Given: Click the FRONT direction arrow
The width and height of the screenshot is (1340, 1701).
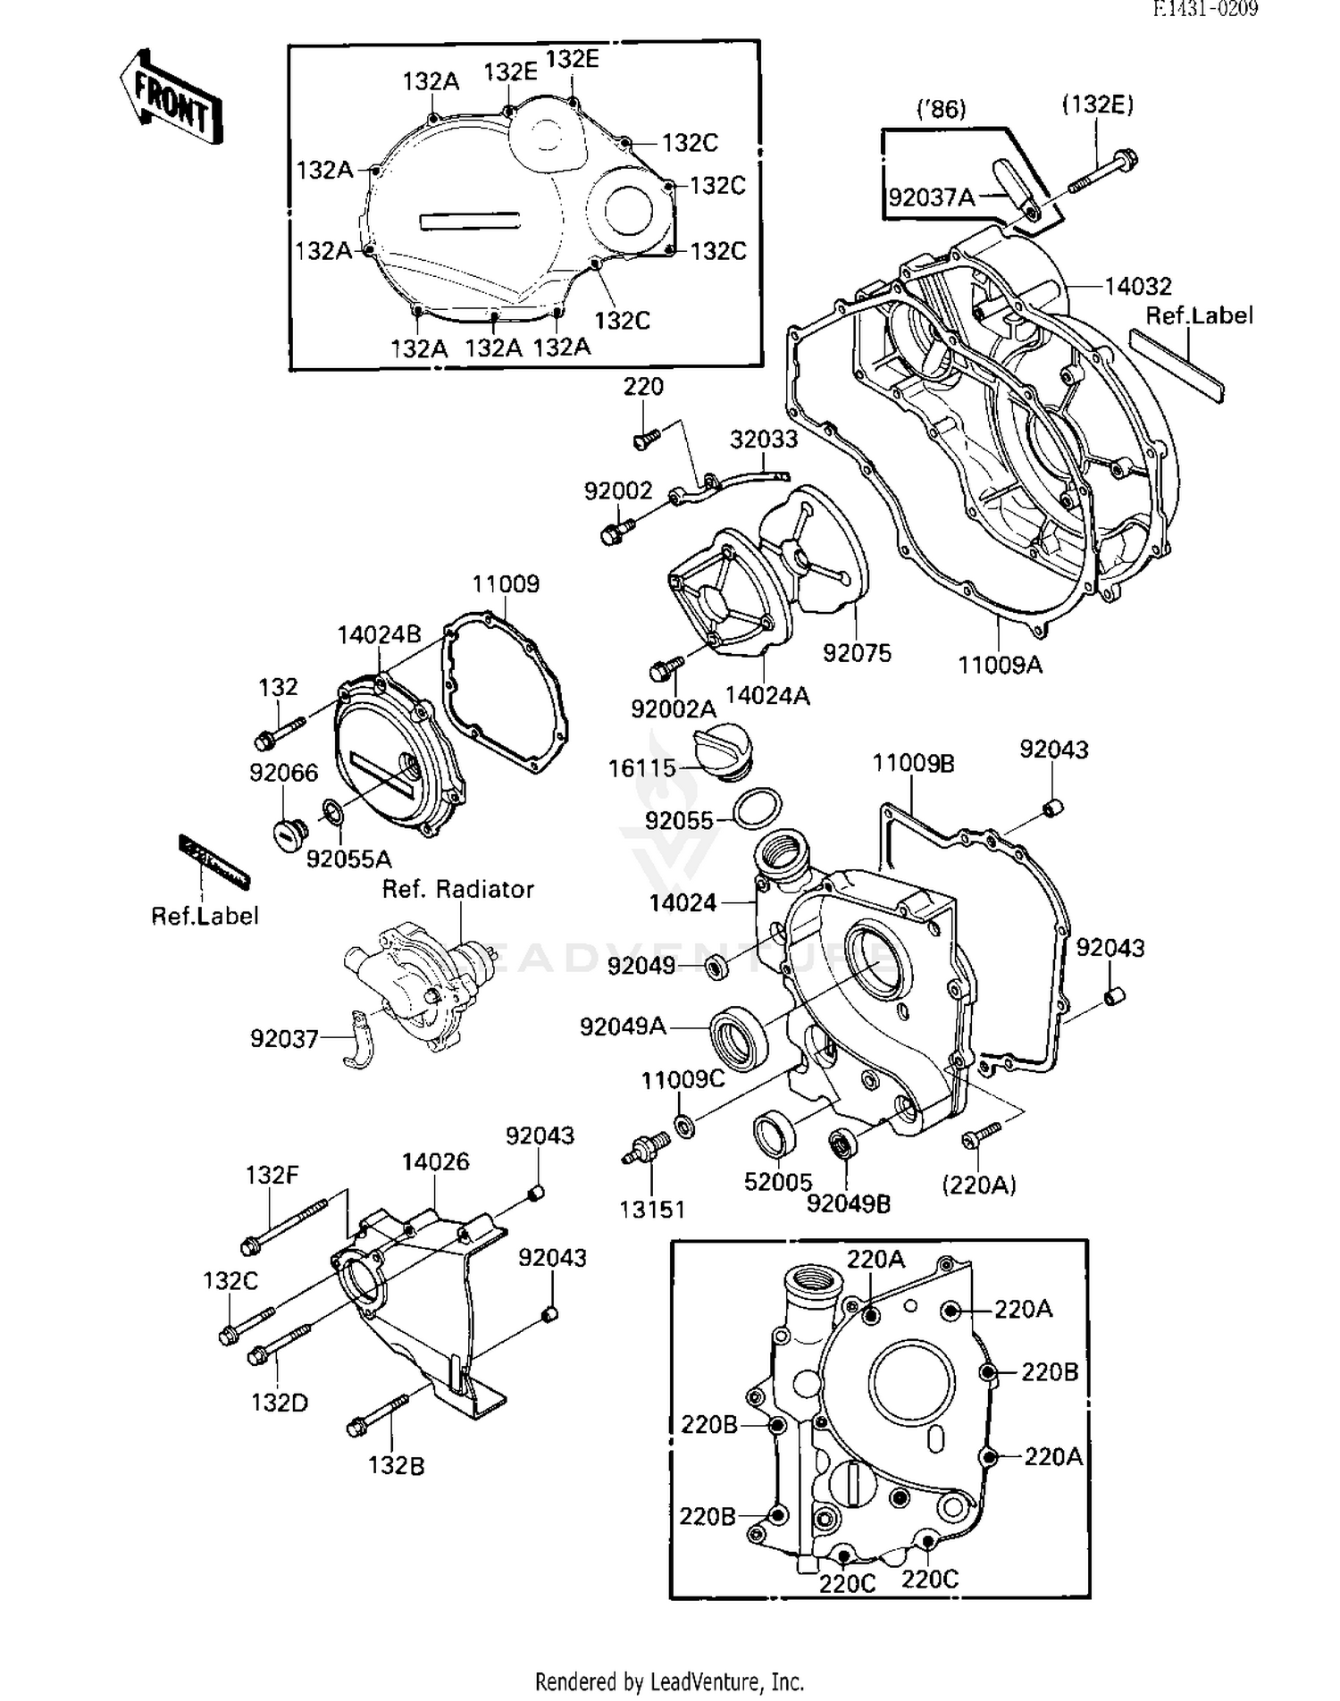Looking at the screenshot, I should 172,98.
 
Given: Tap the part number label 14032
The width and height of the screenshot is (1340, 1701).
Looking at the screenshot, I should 1137,287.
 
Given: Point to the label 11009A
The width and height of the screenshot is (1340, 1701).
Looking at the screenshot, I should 1000,665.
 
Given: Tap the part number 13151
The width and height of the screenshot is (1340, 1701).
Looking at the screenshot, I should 652,1210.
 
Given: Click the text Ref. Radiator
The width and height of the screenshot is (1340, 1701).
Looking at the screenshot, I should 457,889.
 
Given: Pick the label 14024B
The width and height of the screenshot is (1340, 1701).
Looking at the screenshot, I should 379,635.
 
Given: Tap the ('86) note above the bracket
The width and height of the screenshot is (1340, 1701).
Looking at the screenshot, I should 942,109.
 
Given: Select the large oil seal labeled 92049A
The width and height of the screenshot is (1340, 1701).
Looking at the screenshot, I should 738,1035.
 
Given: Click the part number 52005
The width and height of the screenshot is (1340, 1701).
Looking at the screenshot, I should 777,1182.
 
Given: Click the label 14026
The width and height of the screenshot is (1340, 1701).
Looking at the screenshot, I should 435,1161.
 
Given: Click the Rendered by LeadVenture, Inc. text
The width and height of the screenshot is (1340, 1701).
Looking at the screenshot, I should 669,1681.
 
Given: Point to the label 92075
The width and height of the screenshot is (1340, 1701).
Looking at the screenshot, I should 857,653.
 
